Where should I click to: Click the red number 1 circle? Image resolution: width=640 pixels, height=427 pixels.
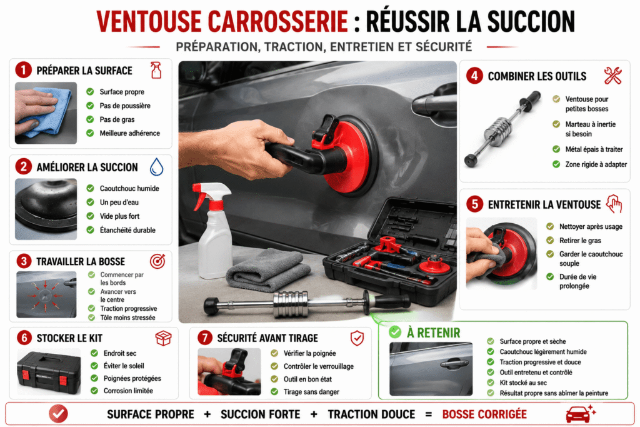[23, 70]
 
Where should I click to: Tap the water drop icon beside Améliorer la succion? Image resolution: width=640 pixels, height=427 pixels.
[156, 166]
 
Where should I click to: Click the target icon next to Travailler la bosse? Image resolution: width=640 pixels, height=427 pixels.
[157, 261]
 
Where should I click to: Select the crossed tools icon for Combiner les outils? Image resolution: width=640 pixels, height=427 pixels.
[612, 76]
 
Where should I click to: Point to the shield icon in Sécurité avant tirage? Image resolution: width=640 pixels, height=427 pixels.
[357, 338]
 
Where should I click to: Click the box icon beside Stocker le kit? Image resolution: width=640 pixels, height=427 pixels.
[163, 338]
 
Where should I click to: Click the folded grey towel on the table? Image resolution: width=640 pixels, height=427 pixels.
[268, 269]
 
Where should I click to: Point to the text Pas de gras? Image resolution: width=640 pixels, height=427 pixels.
[117, 119]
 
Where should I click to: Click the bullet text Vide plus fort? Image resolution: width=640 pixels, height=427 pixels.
[119, 216]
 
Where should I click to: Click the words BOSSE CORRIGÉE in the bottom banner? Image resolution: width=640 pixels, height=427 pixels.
[484, 414]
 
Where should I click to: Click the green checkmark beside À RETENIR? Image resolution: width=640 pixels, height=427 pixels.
[395, 333]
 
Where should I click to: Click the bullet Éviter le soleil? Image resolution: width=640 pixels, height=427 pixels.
[124, 366]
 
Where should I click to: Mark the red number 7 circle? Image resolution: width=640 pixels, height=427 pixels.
[205, 338]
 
